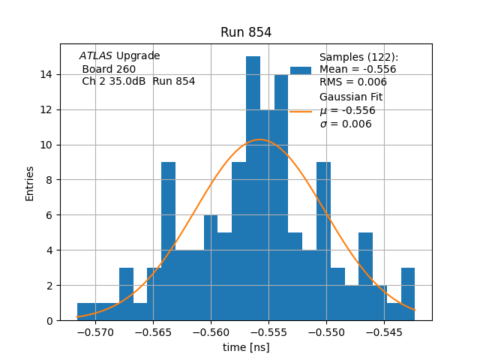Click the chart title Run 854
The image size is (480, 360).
coord(246,32)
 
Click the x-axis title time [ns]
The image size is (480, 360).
coord(246,347)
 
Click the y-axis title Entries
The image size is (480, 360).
coord(30,183)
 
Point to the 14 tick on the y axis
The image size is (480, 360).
coord(46,74)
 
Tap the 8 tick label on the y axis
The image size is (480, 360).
coord(49,180)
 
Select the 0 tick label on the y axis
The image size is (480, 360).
coord(49,321)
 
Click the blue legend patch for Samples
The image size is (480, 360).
coord(300,70)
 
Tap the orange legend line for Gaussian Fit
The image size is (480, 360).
coord(300,112)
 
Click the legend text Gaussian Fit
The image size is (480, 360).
coord(351,97)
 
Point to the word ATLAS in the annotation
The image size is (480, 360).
coord(96,56)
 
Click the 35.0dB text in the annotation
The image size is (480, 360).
coord(128,82)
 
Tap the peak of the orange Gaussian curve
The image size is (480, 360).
coord(259,139)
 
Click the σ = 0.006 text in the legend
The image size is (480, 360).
coord(346,124)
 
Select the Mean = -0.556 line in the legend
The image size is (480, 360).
coord(358,70)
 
